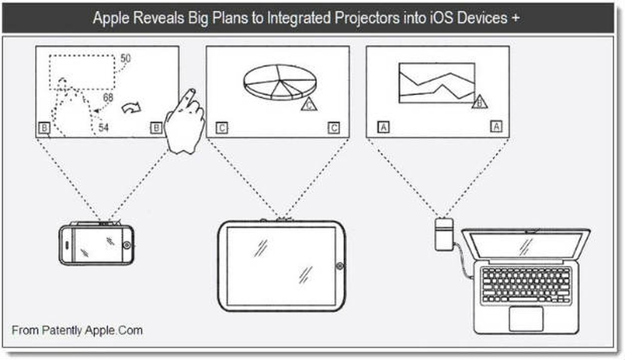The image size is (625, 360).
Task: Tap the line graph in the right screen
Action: tap(436, 83)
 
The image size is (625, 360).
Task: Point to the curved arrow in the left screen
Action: tap(131, 108)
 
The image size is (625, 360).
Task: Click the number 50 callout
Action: tap(126, 58)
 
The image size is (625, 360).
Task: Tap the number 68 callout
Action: tap(108, 97)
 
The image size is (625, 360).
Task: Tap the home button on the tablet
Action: tap(340, 266)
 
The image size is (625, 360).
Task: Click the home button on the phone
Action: tap(127, 244)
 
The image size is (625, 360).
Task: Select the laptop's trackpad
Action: tap(526, 318)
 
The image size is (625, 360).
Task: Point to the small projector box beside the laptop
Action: tap(444, 230)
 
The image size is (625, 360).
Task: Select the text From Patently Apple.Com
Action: tap(77, 330)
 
